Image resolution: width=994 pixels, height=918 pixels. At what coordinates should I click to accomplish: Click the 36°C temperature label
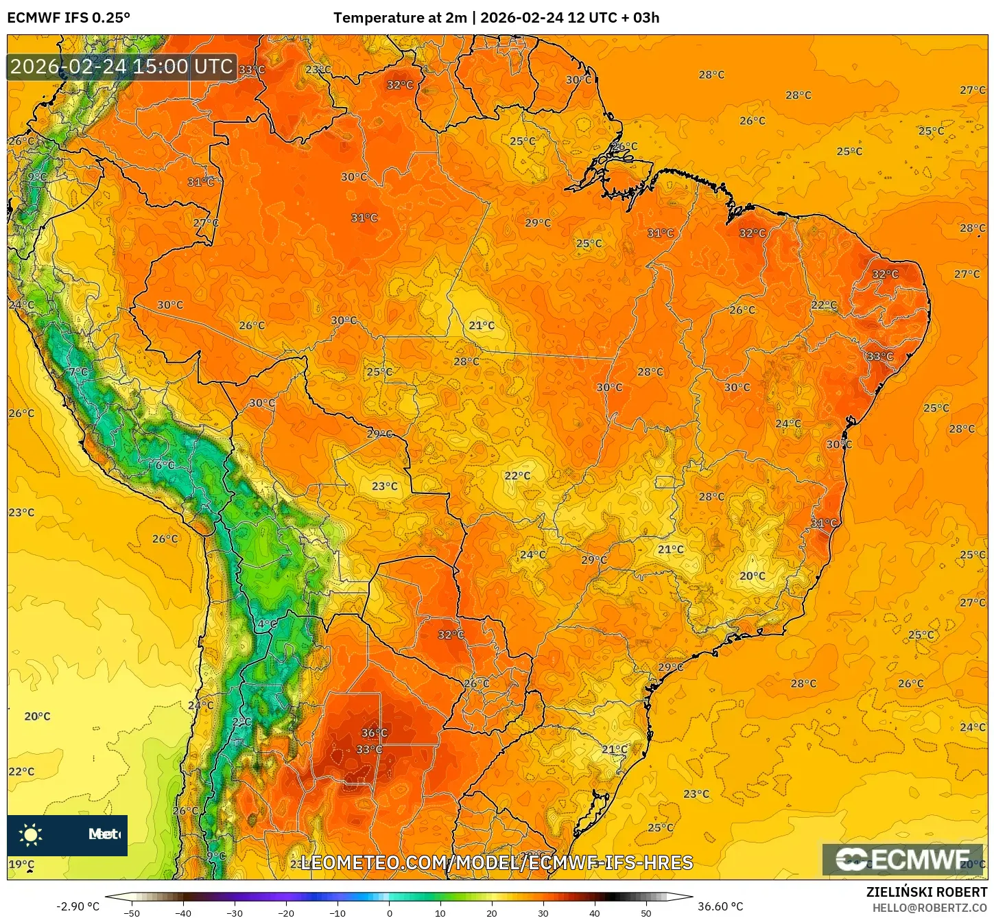[375, 733]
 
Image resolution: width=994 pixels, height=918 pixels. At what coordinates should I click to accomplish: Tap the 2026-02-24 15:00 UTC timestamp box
[122, 67]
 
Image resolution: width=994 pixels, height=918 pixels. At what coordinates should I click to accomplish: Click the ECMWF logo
[903, 859]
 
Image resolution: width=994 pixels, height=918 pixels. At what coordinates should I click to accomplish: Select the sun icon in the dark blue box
[31, 834]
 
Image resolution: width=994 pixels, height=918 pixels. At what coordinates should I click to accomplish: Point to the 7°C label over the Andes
[78, 372]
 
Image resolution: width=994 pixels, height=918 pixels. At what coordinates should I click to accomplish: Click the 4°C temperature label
[267, 624]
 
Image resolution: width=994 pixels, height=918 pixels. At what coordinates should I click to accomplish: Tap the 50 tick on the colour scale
[646, 913]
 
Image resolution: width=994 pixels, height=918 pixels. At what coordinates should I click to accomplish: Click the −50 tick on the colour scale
[132, 913]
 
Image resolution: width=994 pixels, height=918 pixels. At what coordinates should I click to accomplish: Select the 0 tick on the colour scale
[389, 913]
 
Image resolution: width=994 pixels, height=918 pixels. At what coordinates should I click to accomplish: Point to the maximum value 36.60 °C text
[720, 906]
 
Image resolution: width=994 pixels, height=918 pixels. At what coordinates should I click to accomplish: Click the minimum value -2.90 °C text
[78, 906]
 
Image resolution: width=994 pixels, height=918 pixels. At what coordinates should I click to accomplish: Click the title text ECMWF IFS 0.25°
[69, 18]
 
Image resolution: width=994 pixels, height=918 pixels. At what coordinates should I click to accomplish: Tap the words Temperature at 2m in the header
[400, 18]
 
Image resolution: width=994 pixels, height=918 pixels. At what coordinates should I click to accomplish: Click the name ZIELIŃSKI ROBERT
[926, 892]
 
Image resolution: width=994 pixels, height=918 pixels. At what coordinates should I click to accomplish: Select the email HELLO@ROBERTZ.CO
[930, 908]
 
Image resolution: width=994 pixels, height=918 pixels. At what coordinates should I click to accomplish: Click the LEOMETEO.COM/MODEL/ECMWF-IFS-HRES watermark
[497, 862]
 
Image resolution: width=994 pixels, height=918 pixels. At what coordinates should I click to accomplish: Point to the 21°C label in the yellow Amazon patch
[482, 325]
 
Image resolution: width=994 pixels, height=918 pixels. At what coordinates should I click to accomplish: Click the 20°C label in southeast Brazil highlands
[752, 576]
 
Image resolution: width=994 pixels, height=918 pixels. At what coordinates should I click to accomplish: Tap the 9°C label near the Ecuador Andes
[37, 177]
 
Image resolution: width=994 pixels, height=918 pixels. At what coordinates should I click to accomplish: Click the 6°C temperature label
[165, 464]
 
